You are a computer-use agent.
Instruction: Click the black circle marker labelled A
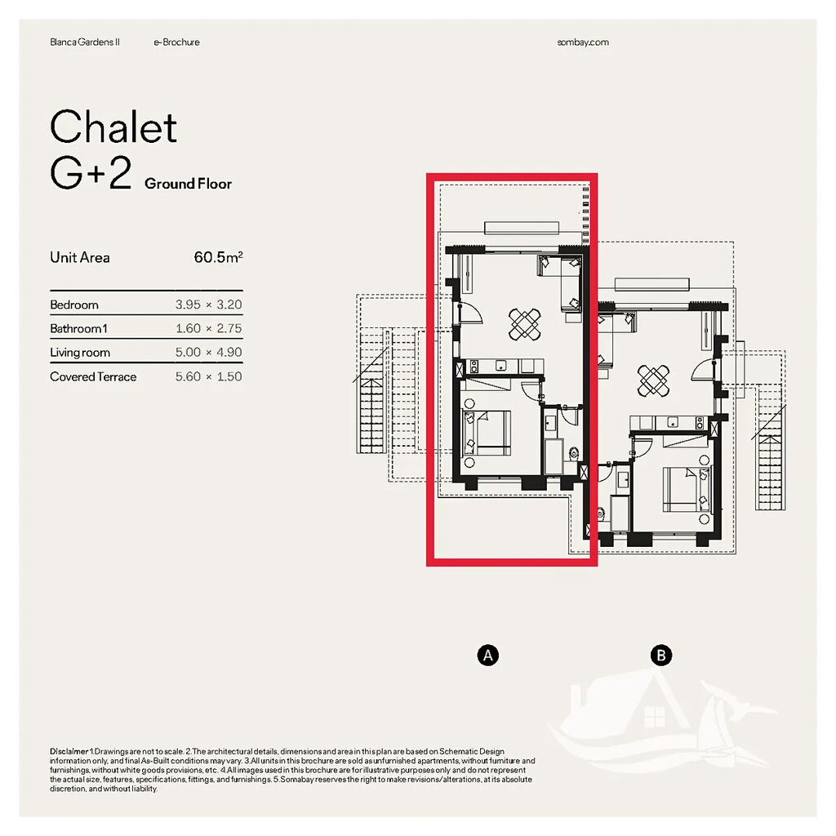tap(488, 656)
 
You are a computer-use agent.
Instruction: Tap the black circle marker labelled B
tap(661, 656)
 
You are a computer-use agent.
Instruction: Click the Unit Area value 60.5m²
tap(218, 257)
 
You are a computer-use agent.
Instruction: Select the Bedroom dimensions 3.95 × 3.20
tap(208, 305)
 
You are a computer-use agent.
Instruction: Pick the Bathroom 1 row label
tap(78, 328)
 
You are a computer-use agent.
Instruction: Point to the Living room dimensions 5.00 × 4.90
tap(208, 353)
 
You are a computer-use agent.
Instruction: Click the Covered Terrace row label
tap(93, 376)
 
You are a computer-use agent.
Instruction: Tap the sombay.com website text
tap(583, 42)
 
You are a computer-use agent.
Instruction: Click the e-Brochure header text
tap(176, 42)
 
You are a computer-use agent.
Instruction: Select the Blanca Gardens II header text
tap(85, 42)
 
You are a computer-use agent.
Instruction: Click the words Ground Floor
tap(189, 184)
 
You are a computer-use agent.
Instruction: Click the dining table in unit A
tap(525, 324)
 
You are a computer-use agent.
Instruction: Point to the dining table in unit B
tap(654, 380)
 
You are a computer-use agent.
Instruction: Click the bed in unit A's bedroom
tap(487, 433)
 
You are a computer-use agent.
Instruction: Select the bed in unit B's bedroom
tap(686, 489)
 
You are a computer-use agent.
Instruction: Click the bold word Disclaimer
tap(69, 751)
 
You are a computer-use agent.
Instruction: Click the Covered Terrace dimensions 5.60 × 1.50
tap(208, 376)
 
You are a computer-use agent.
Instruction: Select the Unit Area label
tap(80, 257)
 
